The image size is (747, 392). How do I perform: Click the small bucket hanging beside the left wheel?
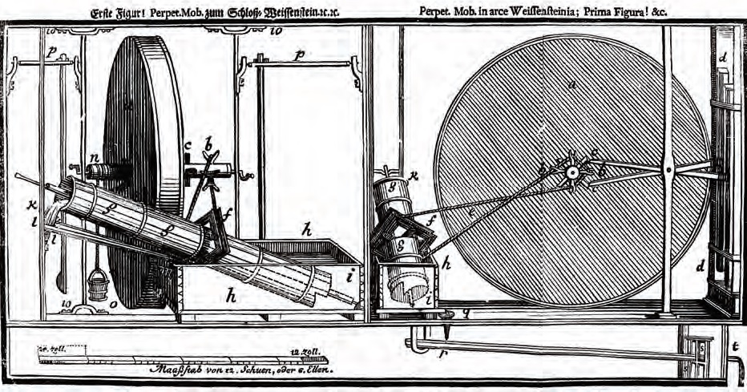[98, 285]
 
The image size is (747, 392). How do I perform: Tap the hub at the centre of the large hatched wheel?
[571, 172]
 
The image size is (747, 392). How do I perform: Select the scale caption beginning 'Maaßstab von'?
[241, 370]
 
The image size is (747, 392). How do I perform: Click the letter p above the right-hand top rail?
[298, 54]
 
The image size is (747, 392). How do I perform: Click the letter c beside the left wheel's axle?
[188, 148]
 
